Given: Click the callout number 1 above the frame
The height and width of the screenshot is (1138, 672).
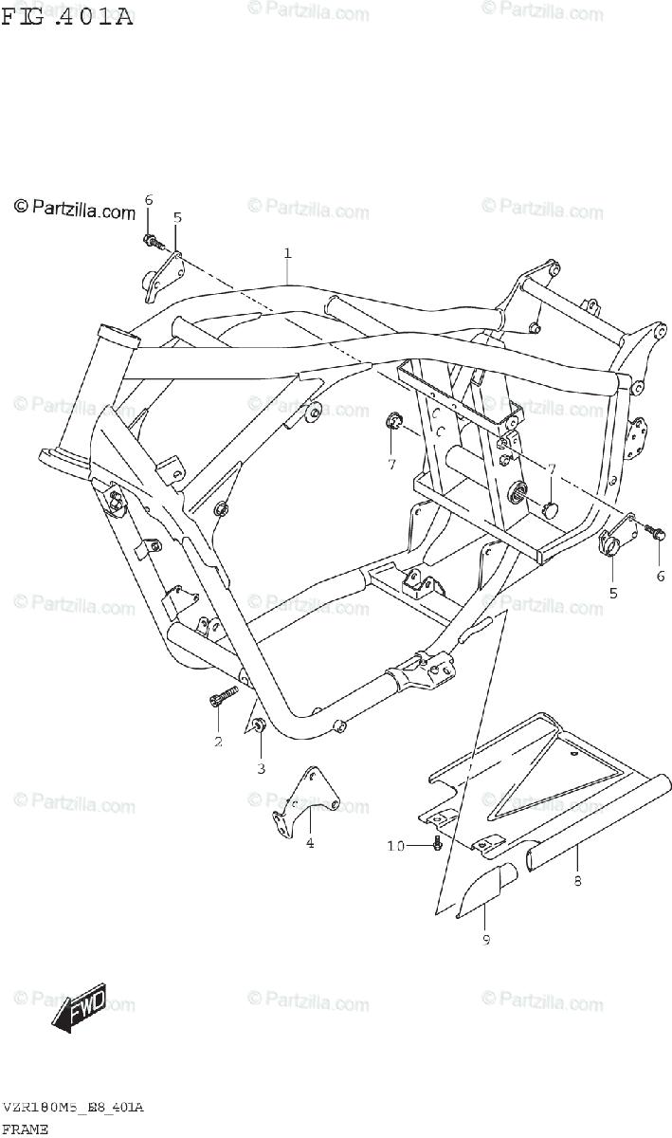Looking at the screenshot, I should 286,253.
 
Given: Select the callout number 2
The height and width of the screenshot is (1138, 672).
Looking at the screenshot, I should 218,741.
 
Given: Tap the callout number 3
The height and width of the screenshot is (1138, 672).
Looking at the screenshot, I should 261,766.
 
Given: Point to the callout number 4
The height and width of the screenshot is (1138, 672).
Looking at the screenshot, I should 309,842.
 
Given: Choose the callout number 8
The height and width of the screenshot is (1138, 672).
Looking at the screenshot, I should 578,881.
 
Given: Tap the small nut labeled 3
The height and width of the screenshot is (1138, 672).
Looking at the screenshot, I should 259,726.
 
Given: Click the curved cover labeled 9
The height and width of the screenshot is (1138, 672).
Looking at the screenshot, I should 488,888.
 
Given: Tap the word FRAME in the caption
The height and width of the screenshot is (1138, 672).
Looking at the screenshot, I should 26,1129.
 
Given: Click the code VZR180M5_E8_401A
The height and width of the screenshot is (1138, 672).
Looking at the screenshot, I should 73,1108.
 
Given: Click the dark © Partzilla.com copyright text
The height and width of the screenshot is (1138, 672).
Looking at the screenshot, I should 74,210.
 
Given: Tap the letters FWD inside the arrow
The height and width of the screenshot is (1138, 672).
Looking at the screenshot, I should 87,1003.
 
